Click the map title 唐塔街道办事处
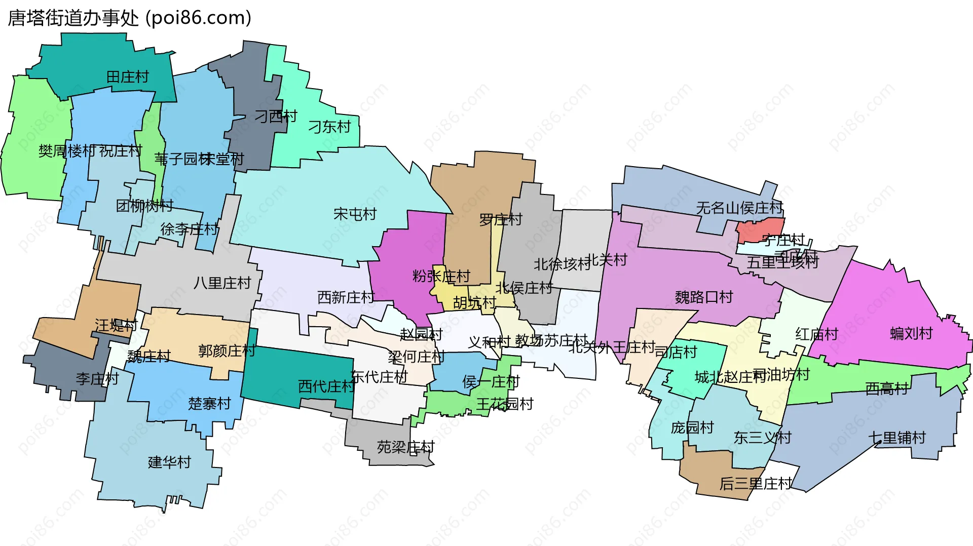click(x=73, y=18)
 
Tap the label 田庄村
click(x=128, y=77)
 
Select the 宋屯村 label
click(x=355, y=214)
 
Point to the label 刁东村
click(x=329, y=127)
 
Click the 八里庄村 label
click(x=222, y=283)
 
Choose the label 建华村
click(x=169, y=462)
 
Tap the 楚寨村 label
click(x=209, y=404)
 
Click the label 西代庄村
click(x=326, y=386)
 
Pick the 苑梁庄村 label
click(x=405, y=447)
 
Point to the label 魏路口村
click(x=704, y=297)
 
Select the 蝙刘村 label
click(x=911, y=333)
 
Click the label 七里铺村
click(x=897, y=438)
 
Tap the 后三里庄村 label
click(x=755, y=484)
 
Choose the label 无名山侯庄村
click(x=739, y=208)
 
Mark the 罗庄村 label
click(x=501, y=220)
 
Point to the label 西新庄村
click(x=346, y=297)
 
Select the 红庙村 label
click(x=816, y=334)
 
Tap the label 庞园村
click(x=692, y=427)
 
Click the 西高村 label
click(x=887, y=388)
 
